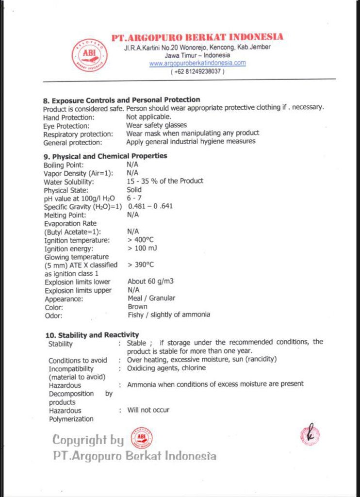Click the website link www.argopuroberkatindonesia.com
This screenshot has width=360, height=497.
coord(197,63)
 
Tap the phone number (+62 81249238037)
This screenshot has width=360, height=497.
coord(197,71)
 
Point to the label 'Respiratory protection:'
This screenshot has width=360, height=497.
coord(78,134)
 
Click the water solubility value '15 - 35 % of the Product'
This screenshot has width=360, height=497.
coord(165,181)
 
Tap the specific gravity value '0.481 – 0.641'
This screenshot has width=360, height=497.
coord(150,206)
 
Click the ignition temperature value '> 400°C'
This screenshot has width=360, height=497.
coord(140,240)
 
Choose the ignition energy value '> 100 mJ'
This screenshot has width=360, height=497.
coord(142,248)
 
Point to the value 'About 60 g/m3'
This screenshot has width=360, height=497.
coord(150,282)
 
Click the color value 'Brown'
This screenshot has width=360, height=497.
coord(137,307)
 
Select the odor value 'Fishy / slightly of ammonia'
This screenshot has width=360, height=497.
coord(169,315)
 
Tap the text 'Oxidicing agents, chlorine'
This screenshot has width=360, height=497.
coord(166,368)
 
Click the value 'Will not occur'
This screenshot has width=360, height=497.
coord(148,410)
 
